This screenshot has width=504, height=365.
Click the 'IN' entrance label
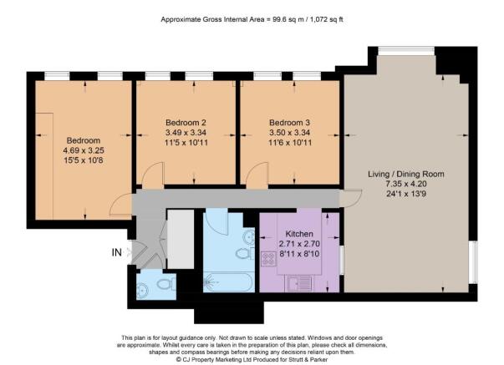[116, 251]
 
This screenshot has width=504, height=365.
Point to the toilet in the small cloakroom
[164, 286]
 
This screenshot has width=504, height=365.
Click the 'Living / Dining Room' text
[406, 174]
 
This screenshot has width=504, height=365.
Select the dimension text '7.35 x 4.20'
[406, 185]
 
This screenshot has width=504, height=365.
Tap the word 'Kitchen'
[299, 234]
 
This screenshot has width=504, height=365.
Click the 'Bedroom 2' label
[186, 121]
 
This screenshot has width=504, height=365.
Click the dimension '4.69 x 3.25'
[84, 150]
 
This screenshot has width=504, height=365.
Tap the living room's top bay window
[400, 52]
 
